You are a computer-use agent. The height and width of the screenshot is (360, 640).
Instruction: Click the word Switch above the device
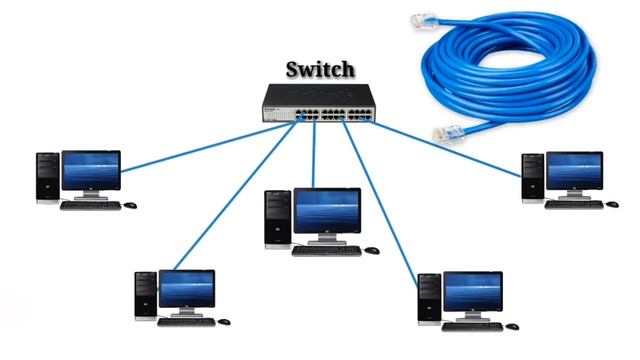click(320, 70)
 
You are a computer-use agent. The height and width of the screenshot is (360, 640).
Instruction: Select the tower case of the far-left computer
click(47, 177)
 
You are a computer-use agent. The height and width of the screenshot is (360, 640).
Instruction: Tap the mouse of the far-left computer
click(130, 205)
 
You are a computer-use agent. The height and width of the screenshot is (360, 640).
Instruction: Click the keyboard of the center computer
click(326, 250)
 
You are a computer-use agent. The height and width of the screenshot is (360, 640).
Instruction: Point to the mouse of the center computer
click(372, 250)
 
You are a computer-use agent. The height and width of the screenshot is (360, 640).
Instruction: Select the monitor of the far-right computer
click(574, 171)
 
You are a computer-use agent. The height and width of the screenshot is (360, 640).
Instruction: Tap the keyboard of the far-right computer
click(574, 205)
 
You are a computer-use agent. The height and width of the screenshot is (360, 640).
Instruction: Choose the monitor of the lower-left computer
click(186, 288)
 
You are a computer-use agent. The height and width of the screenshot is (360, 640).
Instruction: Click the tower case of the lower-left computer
click(145, 295)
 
